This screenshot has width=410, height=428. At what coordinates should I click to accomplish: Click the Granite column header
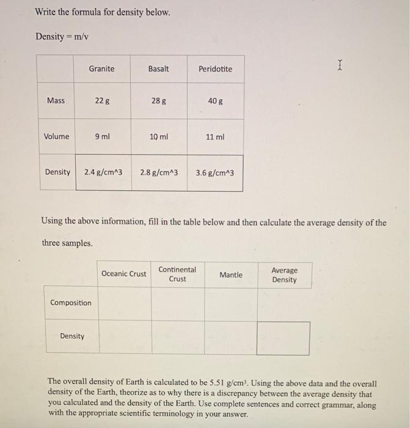click(101, 68)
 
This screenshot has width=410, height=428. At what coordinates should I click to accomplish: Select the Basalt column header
click(158, 68)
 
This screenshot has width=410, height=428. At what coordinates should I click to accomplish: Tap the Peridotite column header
click(215, 69)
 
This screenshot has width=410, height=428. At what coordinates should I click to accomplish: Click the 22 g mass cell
click(102, 101)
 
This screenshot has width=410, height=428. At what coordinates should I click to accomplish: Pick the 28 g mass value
click(158, 101)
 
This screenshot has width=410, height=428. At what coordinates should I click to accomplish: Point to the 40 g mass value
click(215, 101)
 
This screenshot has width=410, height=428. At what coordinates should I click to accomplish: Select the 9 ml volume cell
click(102, 136)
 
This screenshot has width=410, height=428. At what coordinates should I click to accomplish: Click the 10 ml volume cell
click(158, 137)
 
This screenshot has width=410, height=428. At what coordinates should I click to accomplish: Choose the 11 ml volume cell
click(215, 137)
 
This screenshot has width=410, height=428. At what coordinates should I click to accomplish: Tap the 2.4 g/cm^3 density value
click(103, 172)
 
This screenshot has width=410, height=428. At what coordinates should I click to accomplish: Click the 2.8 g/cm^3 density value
click(159, 172)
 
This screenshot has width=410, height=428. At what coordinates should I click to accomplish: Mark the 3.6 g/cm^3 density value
click(214, 173)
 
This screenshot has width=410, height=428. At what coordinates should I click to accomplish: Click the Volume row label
click(56, 136)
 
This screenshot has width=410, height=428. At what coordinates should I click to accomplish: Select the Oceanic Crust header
click(124, 274)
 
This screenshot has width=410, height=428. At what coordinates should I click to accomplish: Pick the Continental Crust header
click(177, 274)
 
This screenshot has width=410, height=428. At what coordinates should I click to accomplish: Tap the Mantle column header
click(230, 275)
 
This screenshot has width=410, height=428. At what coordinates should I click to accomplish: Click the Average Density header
click(284, 275)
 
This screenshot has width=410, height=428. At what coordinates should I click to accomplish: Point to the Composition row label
click(71, 303)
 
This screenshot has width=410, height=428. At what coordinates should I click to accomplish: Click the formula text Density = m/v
click(62, 37)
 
